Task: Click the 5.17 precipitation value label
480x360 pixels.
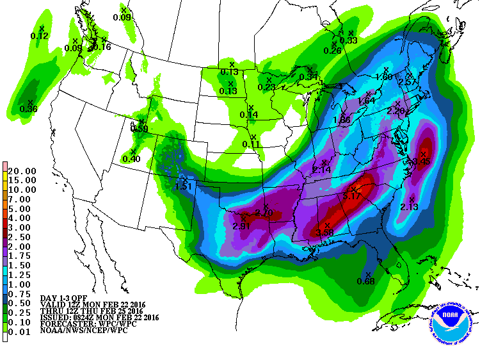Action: pos(353,195)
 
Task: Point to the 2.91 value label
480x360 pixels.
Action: pos(241,226)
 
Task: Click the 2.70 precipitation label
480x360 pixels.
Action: pos(264,213)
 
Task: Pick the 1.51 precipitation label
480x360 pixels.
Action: pos(184,186)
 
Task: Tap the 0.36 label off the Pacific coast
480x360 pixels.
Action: pos(29,109)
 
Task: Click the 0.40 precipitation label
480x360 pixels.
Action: pos(131,159)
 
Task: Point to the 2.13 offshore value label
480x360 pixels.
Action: pos(409,206)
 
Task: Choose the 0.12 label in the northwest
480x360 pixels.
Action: pos(40,36)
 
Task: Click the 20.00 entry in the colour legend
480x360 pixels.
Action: pos(22,171)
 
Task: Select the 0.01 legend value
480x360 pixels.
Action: pos(22,331)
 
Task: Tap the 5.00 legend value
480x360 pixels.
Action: pos(22,208)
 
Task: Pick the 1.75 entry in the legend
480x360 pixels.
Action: pos(22,256)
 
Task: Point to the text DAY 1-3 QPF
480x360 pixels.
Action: pos(63,299)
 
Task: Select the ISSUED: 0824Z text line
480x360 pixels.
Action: pos(99,317)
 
